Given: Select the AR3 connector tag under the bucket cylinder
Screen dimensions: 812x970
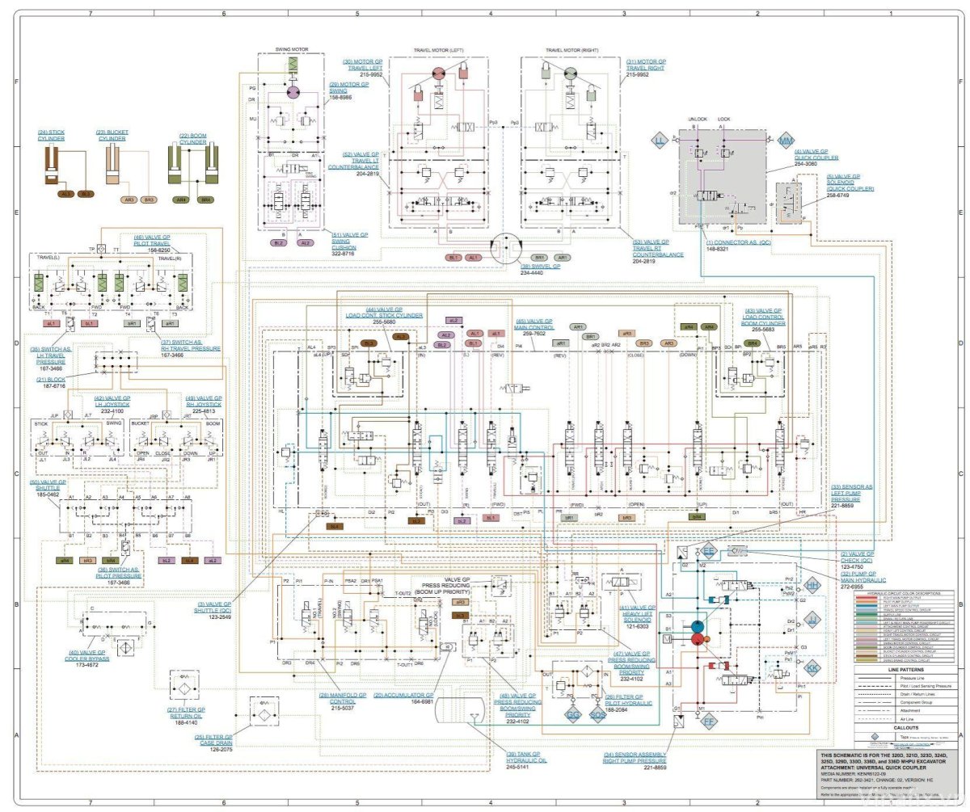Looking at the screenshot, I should pyautogui.click(x=129, y=199).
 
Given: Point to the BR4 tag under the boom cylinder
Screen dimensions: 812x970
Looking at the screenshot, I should pyautogui.click(x=205, y=199).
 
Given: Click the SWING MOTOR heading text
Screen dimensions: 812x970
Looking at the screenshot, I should pyautogui.click(x=292, y=48).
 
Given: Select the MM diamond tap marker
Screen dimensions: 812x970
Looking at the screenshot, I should pyautogui.click(x=785, y=141).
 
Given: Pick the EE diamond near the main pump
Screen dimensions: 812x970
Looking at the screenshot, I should pyautogui.click(x=709, y=550).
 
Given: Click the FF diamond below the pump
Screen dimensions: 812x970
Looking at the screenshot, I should pyautogui.click(x=709, y=720).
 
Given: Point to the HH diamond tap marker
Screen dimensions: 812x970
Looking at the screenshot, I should pyautogui.click(x=812, y=584).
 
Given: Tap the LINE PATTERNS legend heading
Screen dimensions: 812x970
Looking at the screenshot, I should pyautogui.click(x=905, y=671).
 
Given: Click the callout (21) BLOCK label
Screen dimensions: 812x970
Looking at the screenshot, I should pyautogui.click(x=52, y=379).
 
